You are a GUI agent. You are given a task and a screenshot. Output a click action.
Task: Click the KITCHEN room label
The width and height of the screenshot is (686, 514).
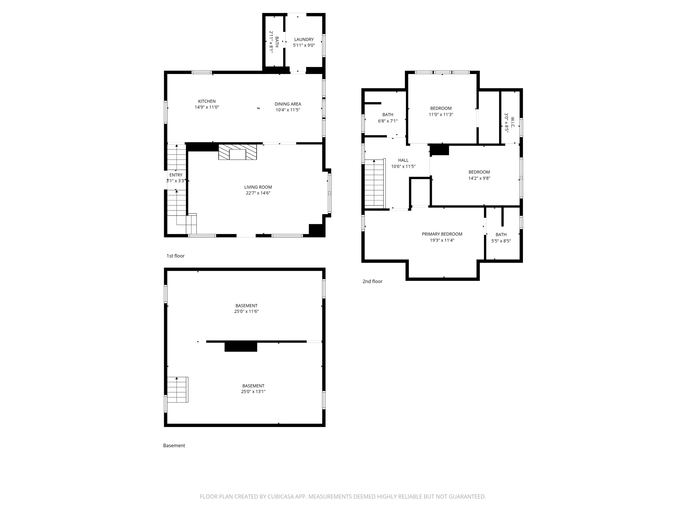207,101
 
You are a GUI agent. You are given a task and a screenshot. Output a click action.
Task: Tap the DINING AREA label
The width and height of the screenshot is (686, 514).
288,104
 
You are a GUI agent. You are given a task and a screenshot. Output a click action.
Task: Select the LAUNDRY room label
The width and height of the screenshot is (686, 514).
304,39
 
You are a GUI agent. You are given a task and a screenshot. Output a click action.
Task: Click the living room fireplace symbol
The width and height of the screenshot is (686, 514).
237,152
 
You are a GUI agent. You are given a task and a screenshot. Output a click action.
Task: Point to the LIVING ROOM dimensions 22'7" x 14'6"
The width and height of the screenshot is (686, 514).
258,193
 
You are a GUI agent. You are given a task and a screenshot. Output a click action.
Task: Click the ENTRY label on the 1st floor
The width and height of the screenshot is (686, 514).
176,175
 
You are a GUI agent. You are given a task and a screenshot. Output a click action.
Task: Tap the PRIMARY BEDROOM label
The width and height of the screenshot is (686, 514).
442,234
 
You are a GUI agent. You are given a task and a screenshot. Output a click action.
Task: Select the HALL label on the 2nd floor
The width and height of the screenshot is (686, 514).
403,160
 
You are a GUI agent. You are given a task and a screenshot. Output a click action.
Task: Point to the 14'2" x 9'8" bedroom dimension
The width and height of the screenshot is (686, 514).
479,178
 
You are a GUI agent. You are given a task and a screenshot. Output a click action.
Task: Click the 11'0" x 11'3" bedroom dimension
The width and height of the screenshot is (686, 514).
441,114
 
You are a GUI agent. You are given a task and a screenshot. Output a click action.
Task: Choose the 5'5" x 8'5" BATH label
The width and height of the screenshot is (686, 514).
501,235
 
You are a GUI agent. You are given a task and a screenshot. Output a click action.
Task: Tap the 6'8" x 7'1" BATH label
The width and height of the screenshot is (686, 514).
388,115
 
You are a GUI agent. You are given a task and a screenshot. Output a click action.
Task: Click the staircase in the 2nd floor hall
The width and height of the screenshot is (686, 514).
374,183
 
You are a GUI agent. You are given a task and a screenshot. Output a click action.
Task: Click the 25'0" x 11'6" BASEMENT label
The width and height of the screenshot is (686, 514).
246,306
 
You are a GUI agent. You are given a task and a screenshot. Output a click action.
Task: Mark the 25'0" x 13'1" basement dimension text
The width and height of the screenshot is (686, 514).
253,392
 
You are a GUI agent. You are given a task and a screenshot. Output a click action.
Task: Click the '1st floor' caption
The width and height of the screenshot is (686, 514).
176,256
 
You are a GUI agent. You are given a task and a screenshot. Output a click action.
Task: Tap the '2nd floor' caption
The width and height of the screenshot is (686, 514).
372,281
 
